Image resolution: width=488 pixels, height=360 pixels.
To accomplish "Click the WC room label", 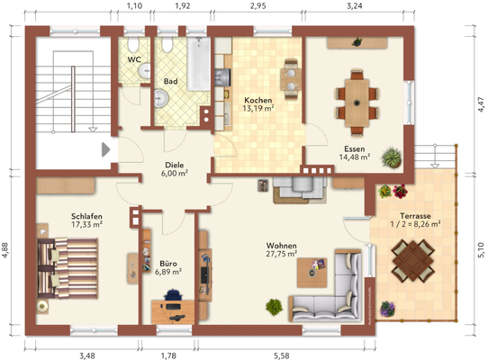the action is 134,59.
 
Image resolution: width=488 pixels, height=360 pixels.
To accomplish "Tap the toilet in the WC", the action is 133,45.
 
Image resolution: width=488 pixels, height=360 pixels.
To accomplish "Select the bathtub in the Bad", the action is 199,64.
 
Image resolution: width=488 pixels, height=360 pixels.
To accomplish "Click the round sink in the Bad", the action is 161,98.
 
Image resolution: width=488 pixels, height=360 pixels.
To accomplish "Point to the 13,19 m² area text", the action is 258,108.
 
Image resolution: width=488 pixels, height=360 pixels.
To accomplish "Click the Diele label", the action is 175,165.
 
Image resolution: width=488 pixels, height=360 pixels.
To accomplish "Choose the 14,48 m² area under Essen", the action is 355,157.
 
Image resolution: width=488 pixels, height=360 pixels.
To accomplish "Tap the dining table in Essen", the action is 357,103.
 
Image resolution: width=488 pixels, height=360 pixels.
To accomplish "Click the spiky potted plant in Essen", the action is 392,157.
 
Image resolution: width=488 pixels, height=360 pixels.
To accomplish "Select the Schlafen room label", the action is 86,216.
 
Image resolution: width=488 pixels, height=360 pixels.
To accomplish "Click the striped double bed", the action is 68,268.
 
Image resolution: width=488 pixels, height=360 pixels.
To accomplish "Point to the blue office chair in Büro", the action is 173,295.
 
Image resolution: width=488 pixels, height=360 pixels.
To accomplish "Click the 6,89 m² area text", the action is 168,272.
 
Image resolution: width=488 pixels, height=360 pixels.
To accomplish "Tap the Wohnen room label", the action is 281,246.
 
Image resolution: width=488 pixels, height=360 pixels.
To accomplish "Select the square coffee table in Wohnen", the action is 312,273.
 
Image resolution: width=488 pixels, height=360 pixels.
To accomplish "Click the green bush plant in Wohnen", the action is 275,307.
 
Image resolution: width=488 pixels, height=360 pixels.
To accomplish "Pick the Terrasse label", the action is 415,216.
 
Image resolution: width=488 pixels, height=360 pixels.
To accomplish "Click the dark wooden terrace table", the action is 413,260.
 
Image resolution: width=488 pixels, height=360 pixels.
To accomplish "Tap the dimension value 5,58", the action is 282,355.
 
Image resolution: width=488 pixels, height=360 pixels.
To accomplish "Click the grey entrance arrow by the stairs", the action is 106,149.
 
